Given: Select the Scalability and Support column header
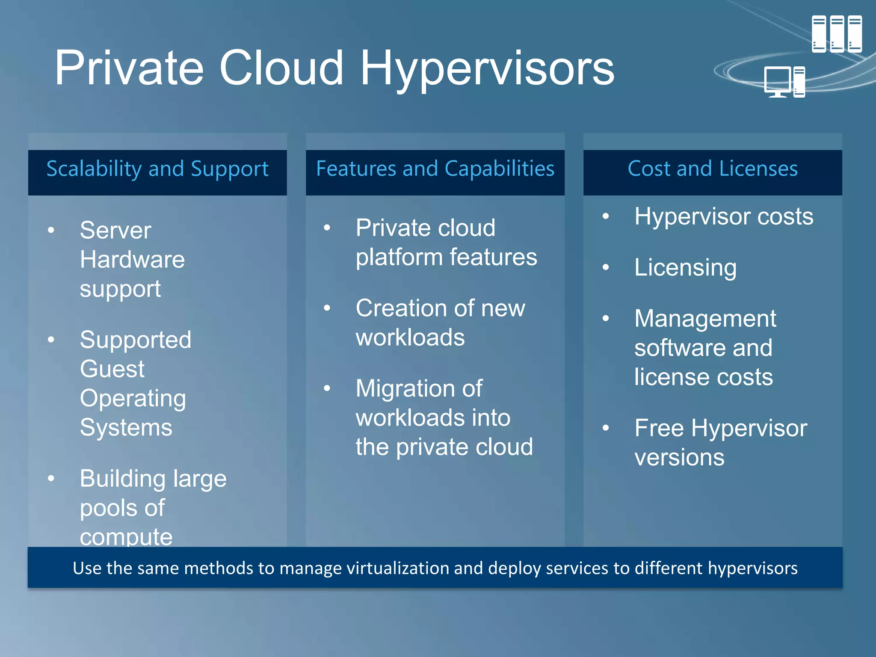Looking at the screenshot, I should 157,169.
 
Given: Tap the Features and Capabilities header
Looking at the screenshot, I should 435,169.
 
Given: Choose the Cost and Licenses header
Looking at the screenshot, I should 713,169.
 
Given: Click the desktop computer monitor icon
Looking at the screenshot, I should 777,81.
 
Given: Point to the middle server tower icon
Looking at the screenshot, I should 837,34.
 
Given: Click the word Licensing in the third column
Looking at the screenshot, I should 685,268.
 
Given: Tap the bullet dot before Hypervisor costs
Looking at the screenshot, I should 606,216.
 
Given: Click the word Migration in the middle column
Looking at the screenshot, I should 419,388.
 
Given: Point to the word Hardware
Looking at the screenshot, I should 132,260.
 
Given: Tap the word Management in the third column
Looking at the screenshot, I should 705,319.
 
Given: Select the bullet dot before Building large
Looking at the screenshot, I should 51,478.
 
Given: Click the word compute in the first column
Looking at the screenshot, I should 126,536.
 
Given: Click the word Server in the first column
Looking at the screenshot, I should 115,231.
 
